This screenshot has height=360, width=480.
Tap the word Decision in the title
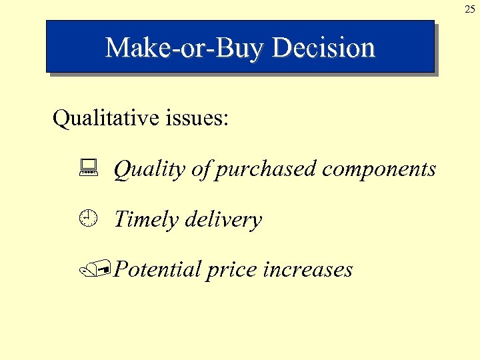(324, 48)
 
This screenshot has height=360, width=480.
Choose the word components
(379, 169)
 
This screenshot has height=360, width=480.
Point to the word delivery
(223, 219)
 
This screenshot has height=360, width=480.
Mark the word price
(232, 270)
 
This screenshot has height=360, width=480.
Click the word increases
(308, 269)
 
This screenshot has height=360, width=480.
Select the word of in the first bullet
(200, 169)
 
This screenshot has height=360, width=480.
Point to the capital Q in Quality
(122, 169)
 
